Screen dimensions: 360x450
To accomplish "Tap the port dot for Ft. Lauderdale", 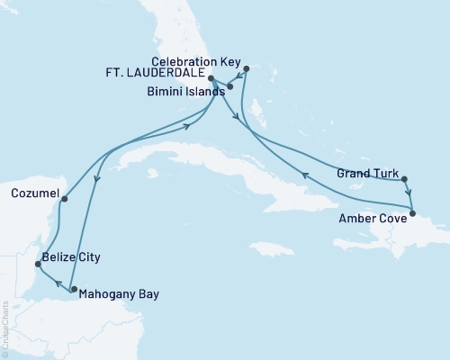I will [211, 78].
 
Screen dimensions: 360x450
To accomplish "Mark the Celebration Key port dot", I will [247, 66].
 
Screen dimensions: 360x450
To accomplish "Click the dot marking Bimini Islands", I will [229, 87].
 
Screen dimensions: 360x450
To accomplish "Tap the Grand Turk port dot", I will [404, 178].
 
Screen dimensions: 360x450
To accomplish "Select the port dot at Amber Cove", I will [413, 213].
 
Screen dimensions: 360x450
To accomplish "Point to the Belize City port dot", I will [37, 265].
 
